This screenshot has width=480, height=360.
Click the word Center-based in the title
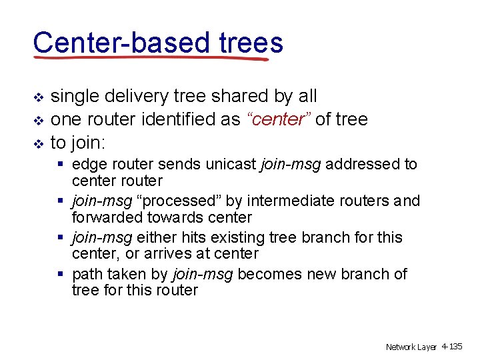pyautogui.click(x=120, y=43)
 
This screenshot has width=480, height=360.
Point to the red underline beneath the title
pyautogui.click(x=150, y=59)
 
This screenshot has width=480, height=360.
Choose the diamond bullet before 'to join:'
pyautogui.click(x=38, y=143)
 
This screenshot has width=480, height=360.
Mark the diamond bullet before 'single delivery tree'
pyautogui.click(x=38, y=98)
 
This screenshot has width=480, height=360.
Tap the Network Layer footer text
pyautogui.click(x=411, y=347)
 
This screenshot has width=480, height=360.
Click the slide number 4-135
pyautogui.click(x=452, y=347)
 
